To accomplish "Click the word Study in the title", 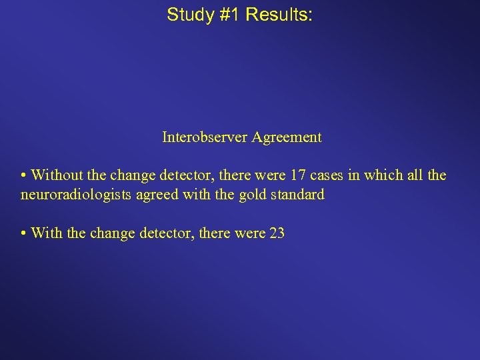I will pyautogui.click(x=189, y=15).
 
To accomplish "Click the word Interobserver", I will pyautogui.click(x=205, y=137).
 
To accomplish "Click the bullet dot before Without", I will pyautogui.click(x=23, y=176).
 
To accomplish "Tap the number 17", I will pyautogui.click(x=298, y=175).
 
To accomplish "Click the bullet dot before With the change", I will pyautogui.click(x=23, y=234).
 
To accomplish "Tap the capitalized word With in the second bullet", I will pyautogui.click(x=46, y=233).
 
